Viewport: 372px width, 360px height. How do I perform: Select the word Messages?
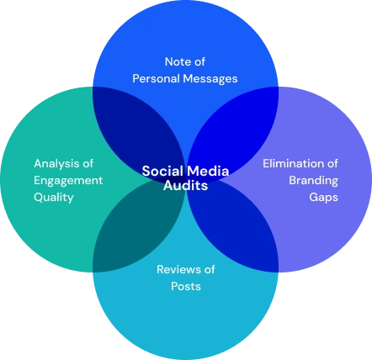pos(210,79)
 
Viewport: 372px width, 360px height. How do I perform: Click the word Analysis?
pos(56,163)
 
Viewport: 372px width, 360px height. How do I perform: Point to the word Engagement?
pos(68,181)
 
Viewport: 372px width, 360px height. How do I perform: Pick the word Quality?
pos(54,198)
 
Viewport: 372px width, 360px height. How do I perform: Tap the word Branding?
pos(313,181)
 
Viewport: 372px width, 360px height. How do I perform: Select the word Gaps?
pos(323,198)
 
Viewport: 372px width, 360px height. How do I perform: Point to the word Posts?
pos(186,287)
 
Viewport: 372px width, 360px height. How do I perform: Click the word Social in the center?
pos(162,171)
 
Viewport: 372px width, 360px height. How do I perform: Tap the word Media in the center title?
pos(208,171)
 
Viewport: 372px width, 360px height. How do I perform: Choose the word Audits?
pos(185,186)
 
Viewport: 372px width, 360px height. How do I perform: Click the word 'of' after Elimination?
pos(332,163)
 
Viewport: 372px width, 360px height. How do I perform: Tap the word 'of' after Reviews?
pos(210,269)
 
